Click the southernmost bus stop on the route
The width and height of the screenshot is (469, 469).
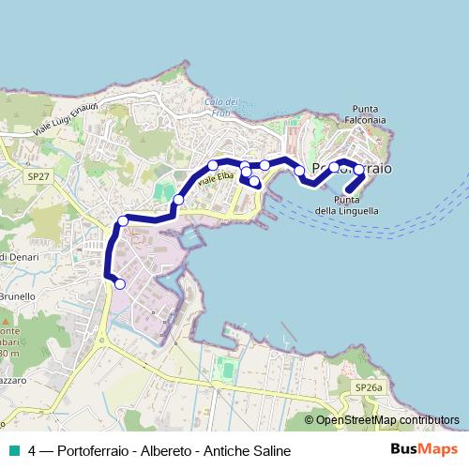(119, 283)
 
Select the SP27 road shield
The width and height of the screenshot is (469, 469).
(38, 175)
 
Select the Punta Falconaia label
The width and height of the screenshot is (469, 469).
(369, 113)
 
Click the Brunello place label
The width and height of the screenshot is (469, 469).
(16, 296)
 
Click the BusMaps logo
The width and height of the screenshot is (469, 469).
(424, 450)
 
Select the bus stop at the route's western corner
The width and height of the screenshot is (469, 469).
(123, 221)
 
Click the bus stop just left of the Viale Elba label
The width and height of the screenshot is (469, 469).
(178, 199)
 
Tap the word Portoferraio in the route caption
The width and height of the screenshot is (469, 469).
(92, 451)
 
